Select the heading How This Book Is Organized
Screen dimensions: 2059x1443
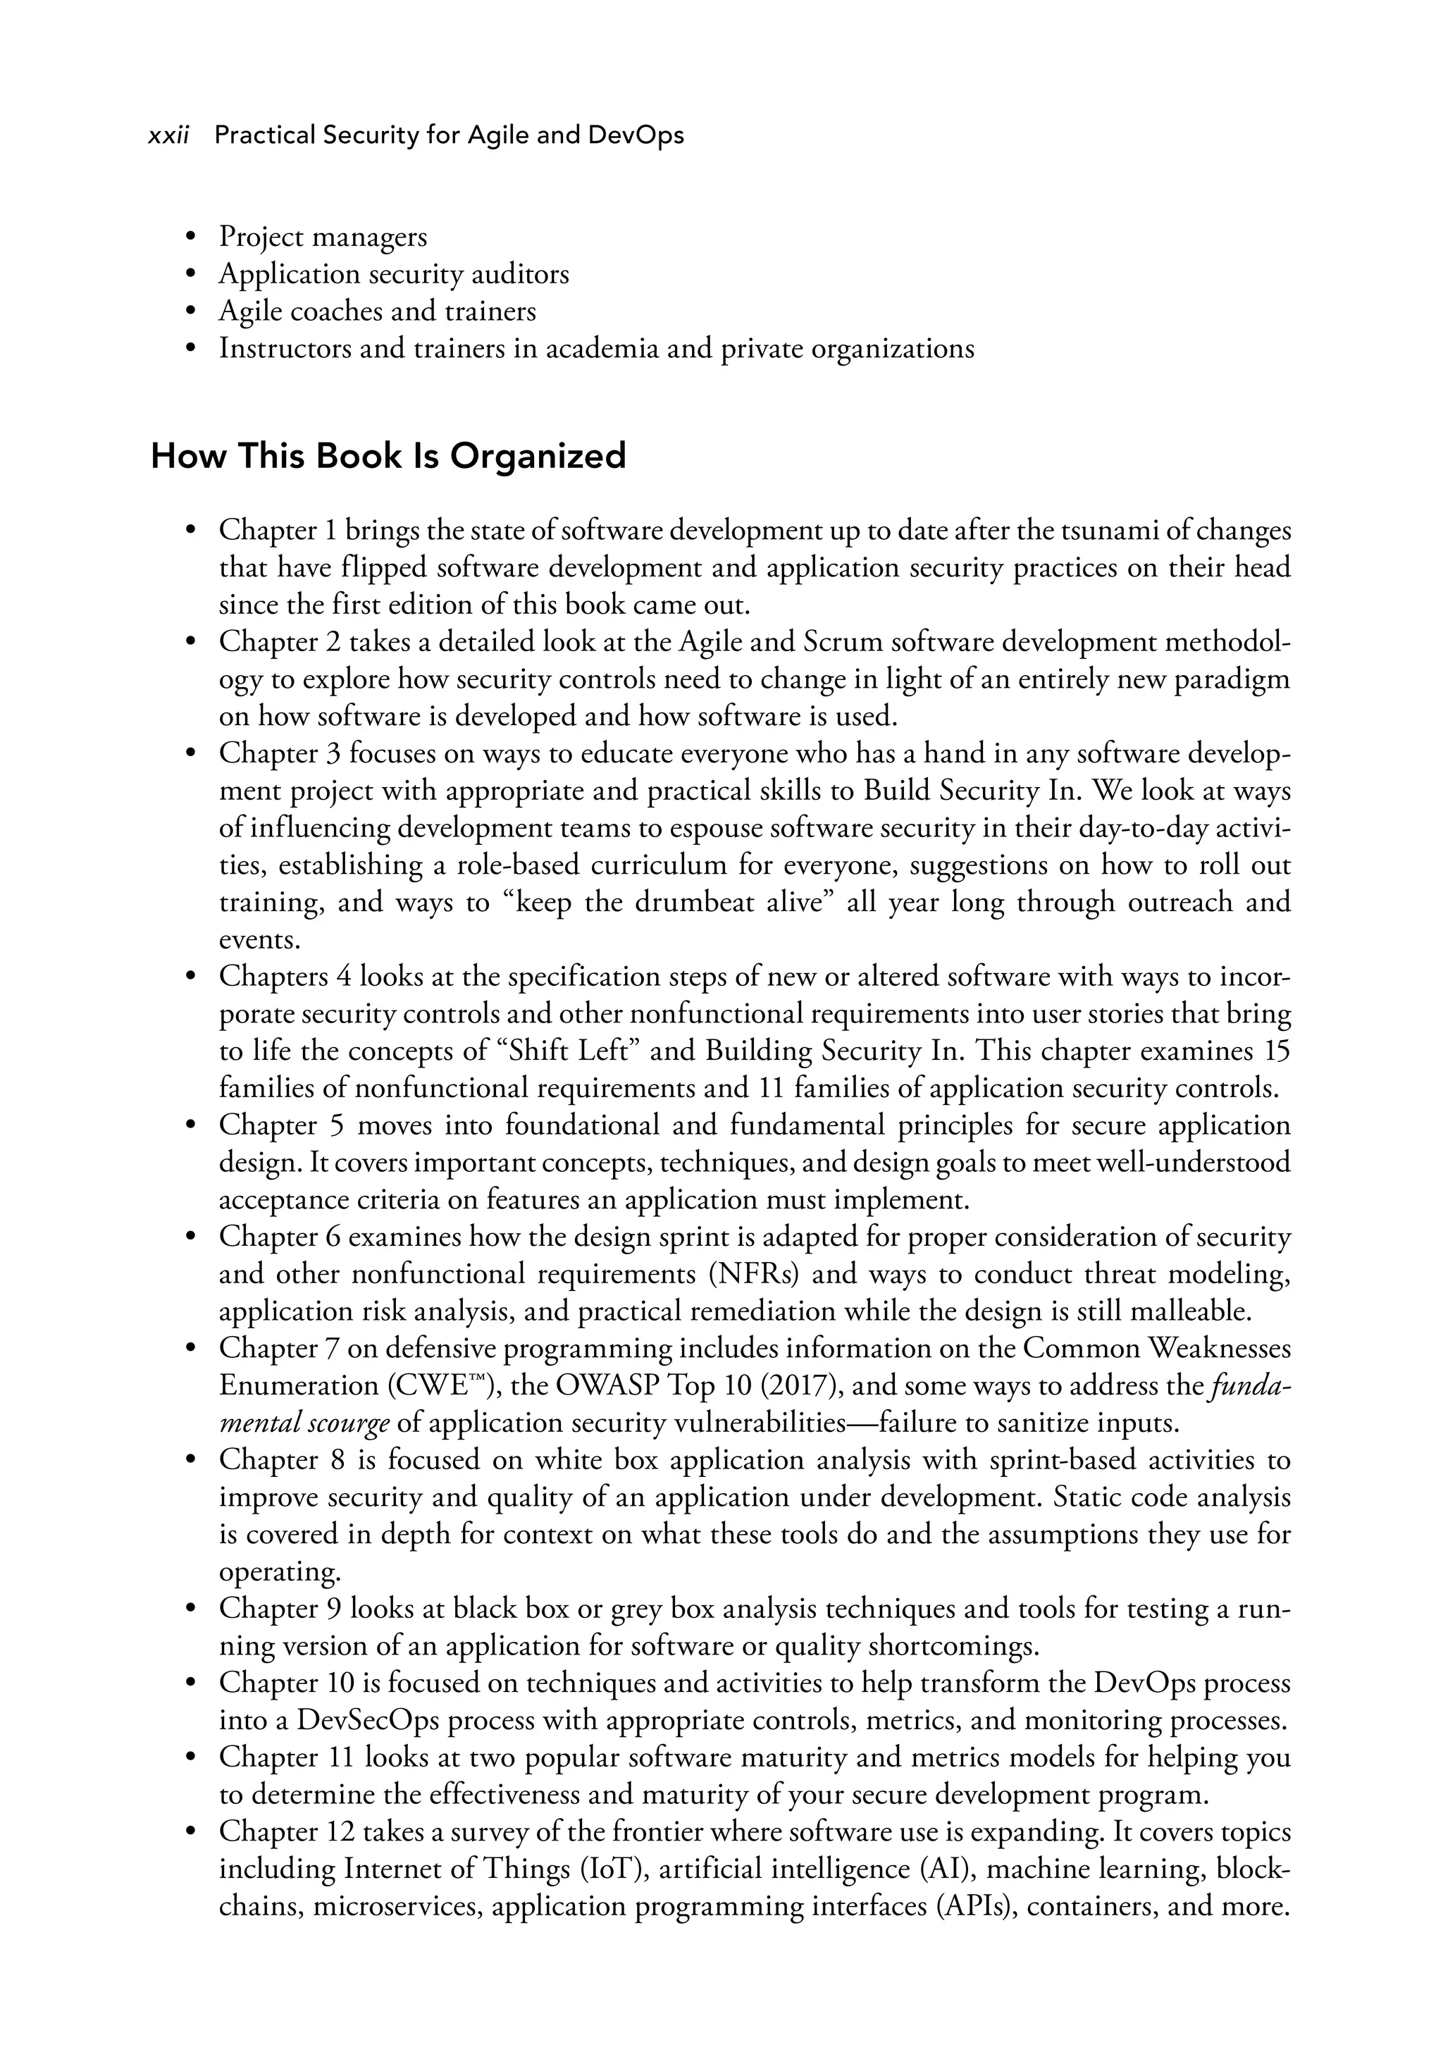(x=388, y=457)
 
